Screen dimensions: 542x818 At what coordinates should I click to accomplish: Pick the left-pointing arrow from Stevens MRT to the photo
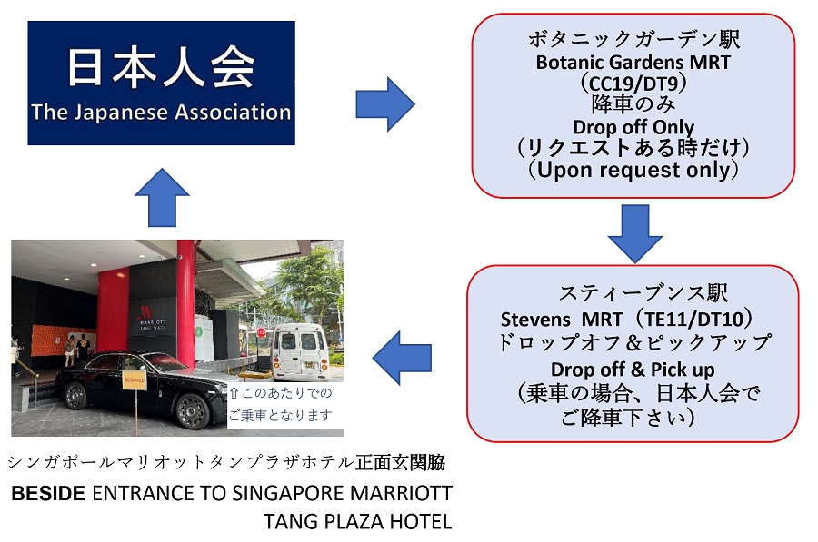pos(403,358)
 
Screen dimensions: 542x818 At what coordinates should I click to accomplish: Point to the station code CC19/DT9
pos(633,84)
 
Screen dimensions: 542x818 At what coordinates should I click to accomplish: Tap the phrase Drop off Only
pos(633,127)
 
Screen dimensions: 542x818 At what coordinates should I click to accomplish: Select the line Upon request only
pos(633,170)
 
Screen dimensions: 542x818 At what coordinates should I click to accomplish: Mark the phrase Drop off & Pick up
pos(633,370)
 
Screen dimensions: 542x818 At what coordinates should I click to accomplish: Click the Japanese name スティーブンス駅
pos(643,294)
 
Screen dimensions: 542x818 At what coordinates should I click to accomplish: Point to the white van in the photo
pos(299,350)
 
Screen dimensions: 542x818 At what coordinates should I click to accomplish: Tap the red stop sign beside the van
pos(262,333)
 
